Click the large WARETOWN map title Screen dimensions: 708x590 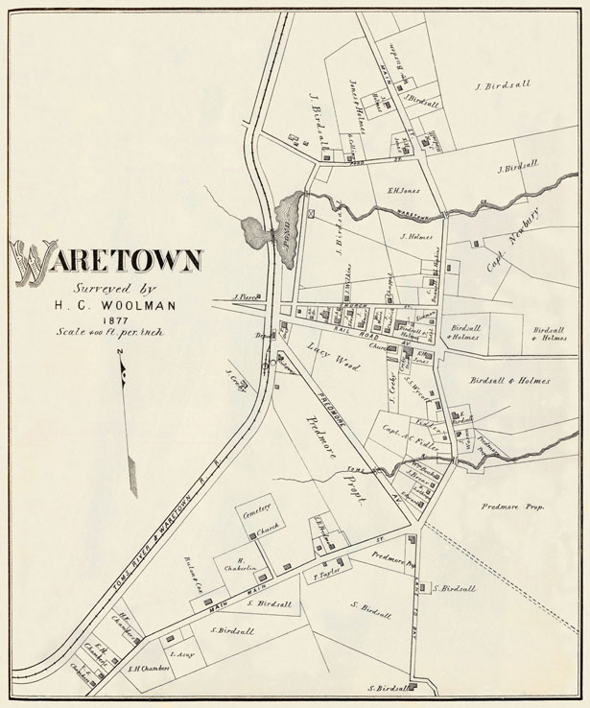click(106, 260)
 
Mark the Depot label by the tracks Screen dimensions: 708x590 click(258, 337)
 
